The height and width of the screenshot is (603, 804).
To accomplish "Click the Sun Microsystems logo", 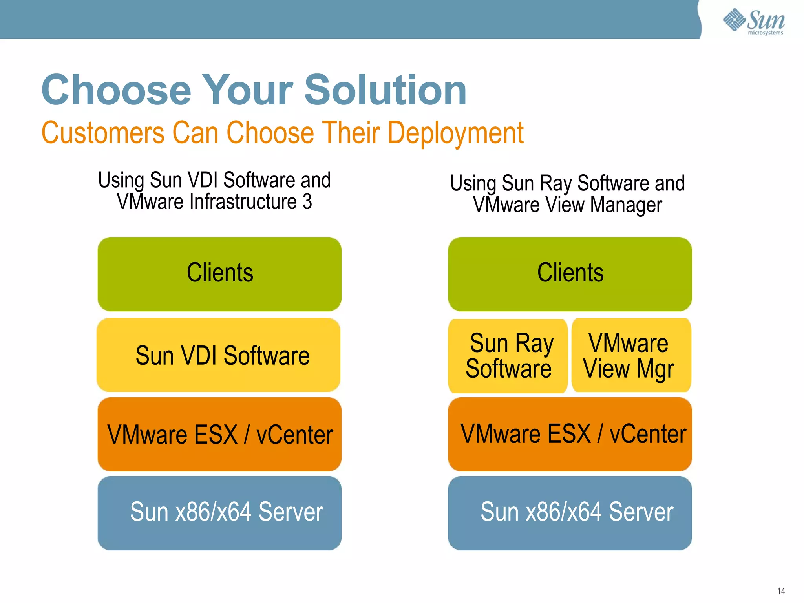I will pos(754,22).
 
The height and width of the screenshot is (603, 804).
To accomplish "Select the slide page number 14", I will pos(781,591).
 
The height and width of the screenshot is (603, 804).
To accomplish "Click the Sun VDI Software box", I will pos(219,355).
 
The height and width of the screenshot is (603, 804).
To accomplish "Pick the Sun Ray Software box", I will pos(508,356).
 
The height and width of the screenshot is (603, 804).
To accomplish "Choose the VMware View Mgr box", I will pos(631,356).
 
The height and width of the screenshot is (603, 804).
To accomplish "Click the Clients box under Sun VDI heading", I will pos(219,274).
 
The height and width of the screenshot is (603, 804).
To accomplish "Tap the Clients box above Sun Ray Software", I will pos(570,274).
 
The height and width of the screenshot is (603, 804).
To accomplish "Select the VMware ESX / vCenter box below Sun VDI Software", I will pos(219,434).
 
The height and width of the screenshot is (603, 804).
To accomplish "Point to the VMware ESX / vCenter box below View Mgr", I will pos(570,434).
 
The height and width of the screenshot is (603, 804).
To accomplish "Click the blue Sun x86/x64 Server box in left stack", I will pos(219,513).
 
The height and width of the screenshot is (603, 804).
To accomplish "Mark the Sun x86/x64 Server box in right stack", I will pos(570,513).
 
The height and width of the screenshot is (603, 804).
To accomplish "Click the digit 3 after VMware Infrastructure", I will pos(307,202).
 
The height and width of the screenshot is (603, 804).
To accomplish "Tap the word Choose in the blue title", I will pos(116,90).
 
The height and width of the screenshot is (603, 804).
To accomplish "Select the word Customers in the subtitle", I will pos(103,133).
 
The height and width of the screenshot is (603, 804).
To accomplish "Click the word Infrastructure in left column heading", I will pos(243,202).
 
